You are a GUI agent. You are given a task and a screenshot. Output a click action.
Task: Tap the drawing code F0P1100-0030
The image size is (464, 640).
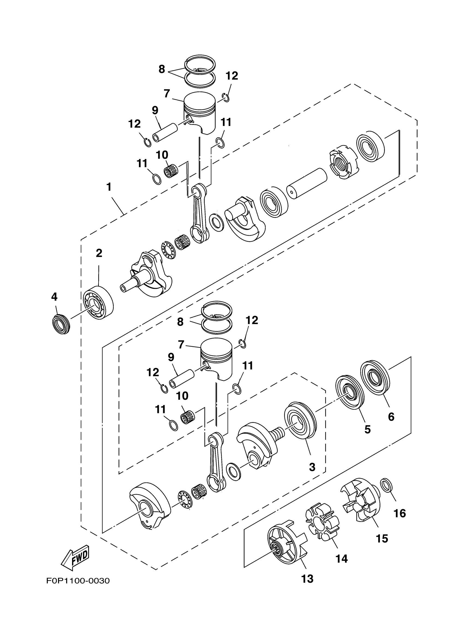[x=78, y=581]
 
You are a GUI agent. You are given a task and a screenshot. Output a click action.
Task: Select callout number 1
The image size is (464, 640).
[x=109, y=187]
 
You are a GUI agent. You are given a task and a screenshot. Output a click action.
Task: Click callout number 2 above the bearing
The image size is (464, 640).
[x=99, y=253]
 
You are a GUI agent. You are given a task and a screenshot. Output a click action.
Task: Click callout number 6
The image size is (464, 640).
[x=391, y=416]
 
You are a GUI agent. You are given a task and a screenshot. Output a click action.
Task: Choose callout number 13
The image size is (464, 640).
[x=307, y=579]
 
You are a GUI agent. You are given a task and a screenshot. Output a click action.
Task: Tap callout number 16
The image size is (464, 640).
[x=400, y=513]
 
